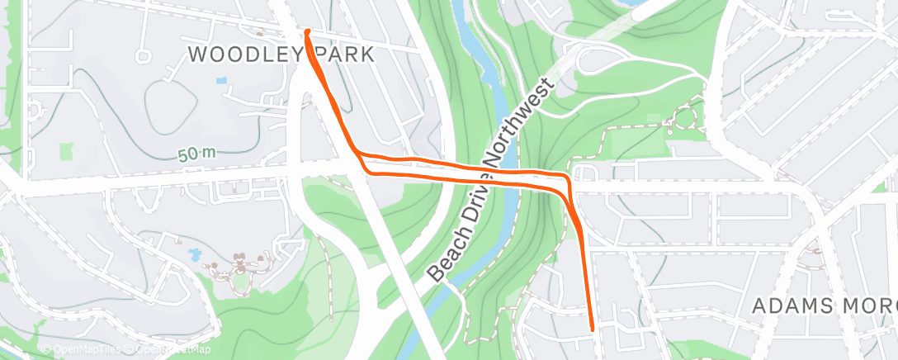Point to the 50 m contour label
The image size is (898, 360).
(196, 154)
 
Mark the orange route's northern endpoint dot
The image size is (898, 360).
(308, 32)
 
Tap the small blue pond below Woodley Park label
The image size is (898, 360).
(220, 82)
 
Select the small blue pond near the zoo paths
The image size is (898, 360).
(195, 254)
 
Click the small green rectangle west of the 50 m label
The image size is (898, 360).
(65, 152)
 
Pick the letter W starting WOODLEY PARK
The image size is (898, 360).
(199, 55)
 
